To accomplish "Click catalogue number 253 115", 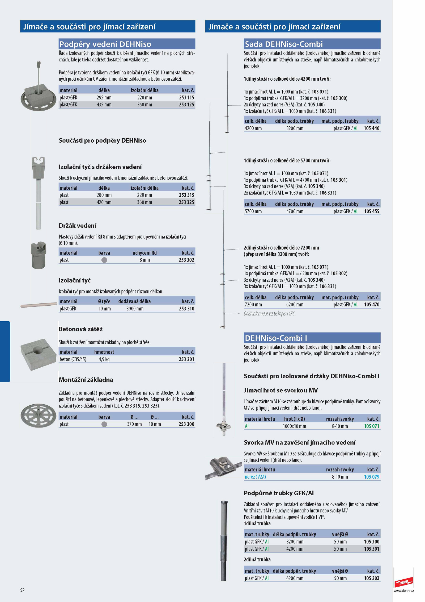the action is click(x=186, y=98).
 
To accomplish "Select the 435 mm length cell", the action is click(x=104, y=105).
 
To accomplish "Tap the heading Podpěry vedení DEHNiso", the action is click(x=105, y=44).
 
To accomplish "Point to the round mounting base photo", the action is click(x=39, y=415).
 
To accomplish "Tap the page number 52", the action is click(x=22, y=590).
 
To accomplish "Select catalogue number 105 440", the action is click(x=372, y=128).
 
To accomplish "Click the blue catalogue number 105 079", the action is click(x=372, y=477).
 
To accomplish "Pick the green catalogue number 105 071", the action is click(x=372, y=426).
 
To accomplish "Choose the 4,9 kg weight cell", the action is click(x=104, y=359).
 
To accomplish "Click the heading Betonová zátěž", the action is click(x=80, y=329).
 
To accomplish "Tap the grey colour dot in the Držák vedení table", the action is click(x=104, y=260).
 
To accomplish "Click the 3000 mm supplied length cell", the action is click(x=135, y=309).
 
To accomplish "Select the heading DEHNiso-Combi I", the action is click(x=276, y=338).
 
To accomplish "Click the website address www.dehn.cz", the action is click(x=404, y=591).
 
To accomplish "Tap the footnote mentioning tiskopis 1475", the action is click(x=269, y=314).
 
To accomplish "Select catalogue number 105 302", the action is click(x=372, y=578).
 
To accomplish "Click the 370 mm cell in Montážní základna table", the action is click(x=134, y=424).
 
